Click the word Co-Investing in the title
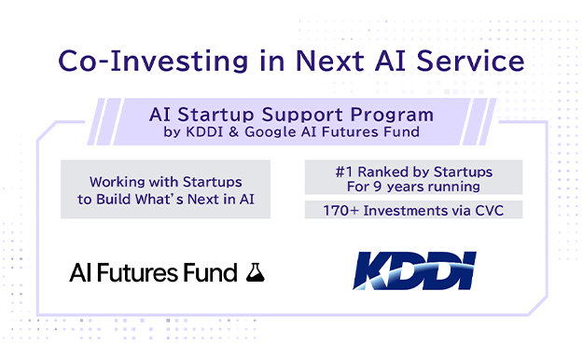coord(153,62)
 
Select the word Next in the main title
coord(330,61)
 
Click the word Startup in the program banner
coord(216,115)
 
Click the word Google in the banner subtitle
coord(270,132)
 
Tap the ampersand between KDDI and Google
coord(234,132)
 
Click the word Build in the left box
coord(114,200)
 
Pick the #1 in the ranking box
coord(344,172)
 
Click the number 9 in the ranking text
coord(378,187)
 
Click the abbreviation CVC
coord(490,211)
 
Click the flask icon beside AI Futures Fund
coord(256,272)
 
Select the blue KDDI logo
coord(414,270)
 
